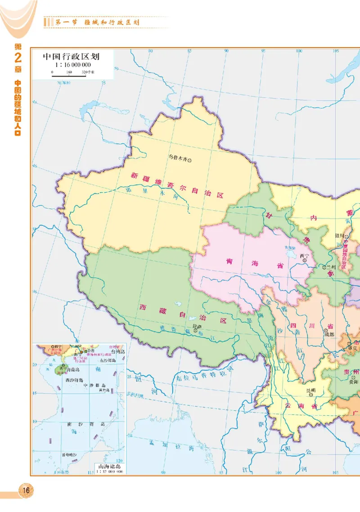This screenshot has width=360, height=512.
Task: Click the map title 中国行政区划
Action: click(71, 57)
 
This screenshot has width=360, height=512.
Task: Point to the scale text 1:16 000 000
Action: click(71, 65)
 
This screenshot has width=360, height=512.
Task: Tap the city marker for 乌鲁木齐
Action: click(190, 159)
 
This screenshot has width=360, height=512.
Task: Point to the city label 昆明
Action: click(311, 390)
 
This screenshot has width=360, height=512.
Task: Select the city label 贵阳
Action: click(352, 381)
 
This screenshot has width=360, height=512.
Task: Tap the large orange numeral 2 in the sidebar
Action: click(18, 59)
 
